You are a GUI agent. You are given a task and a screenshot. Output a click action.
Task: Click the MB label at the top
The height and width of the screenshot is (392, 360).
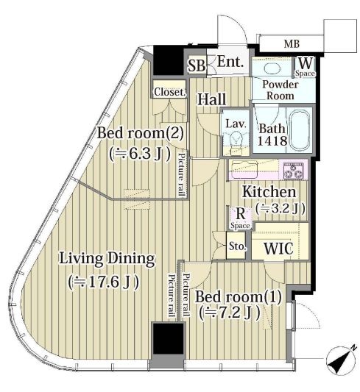pos(292,44)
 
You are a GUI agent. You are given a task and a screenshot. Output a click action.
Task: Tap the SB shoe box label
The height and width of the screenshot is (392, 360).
pos(197,65)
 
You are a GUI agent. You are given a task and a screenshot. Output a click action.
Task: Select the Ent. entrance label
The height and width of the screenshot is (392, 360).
pos(230,62)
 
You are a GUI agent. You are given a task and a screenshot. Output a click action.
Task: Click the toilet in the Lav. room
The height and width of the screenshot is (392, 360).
pos(236,139)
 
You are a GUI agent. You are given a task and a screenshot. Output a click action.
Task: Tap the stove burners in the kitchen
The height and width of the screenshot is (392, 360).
pos(293,171)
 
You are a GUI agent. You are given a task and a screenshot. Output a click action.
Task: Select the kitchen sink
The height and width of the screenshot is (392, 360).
pos(244,170)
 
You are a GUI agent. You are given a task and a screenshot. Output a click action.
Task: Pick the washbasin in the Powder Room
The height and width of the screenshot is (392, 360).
pos(271,68)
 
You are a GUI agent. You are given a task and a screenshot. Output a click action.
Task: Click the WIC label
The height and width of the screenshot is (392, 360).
pos(278,249)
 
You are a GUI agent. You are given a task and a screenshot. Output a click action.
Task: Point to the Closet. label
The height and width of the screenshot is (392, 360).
pos(170,92)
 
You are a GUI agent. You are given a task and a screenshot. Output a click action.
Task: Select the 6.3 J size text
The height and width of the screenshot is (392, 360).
pos(140,154)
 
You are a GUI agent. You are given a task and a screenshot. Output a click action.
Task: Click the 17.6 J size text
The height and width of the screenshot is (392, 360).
pos(104,282)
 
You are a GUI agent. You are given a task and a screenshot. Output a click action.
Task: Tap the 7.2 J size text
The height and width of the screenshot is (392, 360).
pos(229,313)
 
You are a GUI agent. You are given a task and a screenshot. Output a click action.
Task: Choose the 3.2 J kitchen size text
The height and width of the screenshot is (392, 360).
pos(280,208)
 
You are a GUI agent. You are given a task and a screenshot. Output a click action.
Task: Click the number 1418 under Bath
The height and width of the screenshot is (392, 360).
pos(272,140)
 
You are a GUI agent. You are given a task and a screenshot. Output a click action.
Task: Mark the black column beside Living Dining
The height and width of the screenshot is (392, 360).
pos(168,338)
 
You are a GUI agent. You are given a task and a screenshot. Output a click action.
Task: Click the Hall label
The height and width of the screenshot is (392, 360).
pos(211,99)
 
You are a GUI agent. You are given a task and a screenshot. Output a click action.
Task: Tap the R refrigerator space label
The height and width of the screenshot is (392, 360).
pos(240,214)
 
